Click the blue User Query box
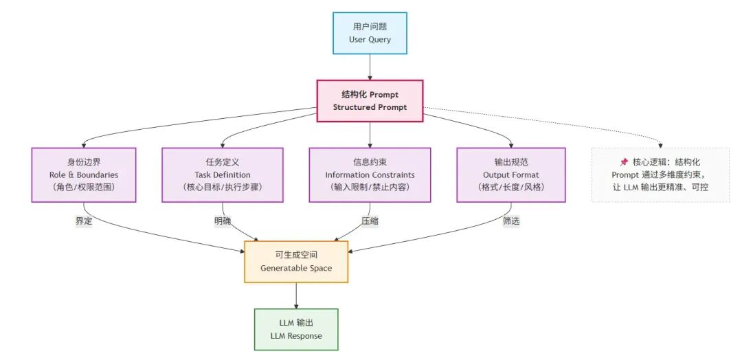370,33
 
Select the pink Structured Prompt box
370,101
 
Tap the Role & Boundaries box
83,175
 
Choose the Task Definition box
223,175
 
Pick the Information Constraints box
370,175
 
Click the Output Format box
511,175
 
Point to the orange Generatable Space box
296,261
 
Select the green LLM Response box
296,329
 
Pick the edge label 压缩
370,221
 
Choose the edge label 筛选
511,221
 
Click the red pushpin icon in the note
624,162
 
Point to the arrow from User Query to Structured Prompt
370,67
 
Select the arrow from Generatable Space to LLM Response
296,295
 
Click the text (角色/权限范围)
83,187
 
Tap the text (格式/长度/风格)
511,187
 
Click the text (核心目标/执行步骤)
223,187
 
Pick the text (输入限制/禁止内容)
370,187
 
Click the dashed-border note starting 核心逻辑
660,175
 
